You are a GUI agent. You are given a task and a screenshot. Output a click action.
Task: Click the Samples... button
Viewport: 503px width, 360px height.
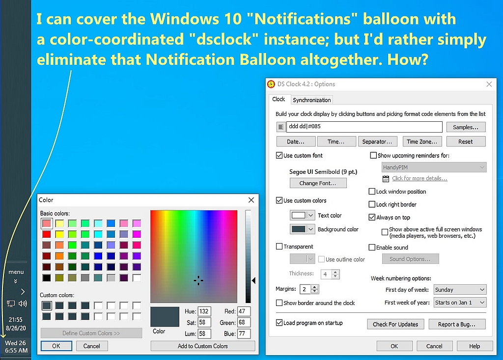pyautogui.click(x=466, y=127)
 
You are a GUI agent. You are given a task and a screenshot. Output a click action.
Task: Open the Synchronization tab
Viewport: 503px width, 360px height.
pyautogui.click(x=311, y=100)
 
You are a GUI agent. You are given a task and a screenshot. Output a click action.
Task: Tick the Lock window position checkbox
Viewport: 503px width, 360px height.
pyautogui.click(x=372, y=192)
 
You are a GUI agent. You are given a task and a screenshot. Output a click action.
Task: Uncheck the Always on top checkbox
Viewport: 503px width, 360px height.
pyautogui.click(x=372, y=217)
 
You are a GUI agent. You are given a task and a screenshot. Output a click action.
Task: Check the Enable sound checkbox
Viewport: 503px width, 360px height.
pyautogui.click(x=372, y=248)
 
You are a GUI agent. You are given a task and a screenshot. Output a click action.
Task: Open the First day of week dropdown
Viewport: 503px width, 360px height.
pyautogui.click(x=460, y=290)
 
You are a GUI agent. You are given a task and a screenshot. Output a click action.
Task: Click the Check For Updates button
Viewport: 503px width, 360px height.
pyautogui.click(x=395, y=324)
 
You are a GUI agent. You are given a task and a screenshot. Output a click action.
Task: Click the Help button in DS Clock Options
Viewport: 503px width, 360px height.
pyautogui.click(x=475, y=346)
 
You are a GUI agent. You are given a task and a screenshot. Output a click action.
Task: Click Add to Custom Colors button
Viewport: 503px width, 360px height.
pyautogui.click(x=203, y=346)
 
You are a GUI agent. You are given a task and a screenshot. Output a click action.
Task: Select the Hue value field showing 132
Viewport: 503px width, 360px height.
pyautogui.click(x=204, y=311)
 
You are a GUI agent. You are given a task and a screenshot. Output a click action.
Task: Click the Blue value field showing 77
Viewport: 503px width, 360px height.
pyautogui.click(x=244, y=333)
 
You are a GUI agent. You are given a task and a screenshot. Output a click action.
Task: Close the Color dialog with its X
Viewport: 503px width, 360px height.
pyautogui.click(x=251, y=200)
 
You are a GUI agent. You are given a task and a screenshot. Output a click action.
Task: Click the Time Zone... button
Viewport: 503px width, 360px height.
pyautogui.click(x=422, y=141)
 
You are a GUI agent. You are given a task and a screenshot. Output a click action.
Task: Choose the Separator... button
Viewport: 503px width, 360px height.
pyautogui.click(x=377, y=141)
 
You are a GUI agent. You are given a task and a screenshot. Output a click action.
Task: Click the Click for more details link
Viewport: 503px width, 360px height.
pyautogui.click(x=419, y=178)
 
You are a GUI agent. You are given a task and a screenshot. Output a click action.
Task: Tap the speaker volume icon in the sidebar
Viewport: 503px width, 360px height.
pyautogui.click(x=23, y=303)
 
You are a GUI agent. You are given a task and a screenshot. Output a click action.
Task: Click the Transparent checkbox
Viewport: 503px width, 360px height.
pyautogui.click(x=279, y=247)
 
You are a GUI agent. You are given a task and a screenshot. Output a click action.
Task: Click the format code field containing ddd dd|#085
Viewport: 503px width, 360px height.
pyautogui.click(x=364, y=127)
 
